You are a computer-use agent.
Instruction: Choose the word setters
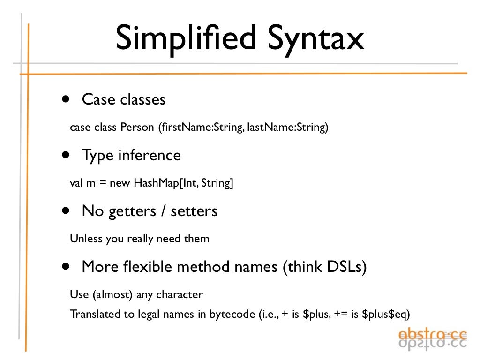coord(194,211)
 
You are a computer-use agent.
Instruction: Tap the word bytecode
coord(232,314)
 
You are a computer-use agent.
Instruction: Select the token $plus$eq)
coord(390,314)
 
